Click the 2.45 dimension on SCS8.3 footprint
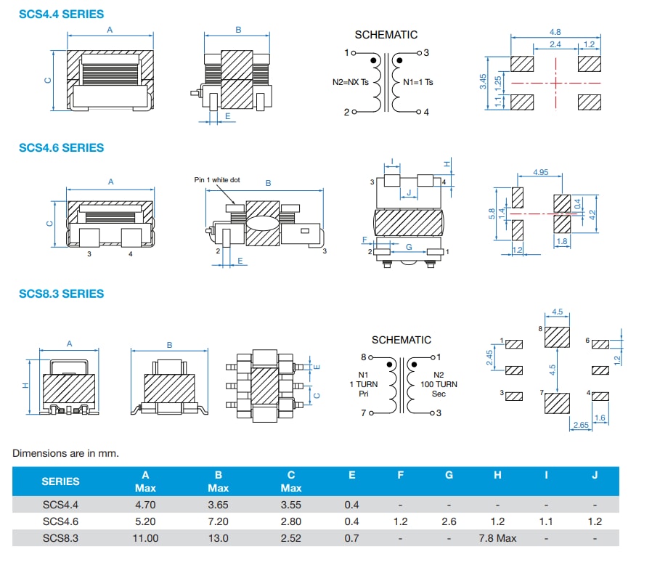point(490,359)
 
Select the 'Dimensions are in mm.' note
point(65,453)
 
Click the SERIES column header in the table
point(60,481)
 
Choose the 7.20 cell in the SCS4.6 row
point(218,521)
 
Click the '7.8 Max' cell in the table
point(497,538)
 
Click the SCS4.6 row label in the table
point(60,521)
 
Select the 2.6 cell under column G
point(449,521)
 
